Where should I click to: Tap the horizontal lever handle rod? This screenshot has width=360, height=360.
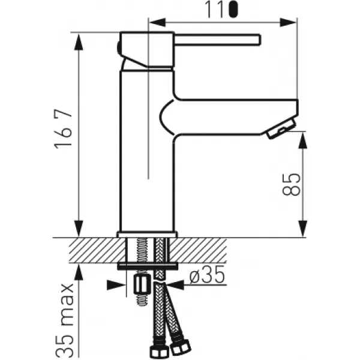[x=217, y=40]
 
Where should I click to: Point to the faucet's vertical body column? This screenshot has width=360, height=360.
[x=147, y=150]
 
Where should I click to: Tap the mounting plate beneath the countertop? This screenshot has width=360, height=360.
[x=148, y=264]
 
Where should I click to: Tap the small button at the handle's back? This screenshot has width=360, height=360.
[x=118, y=45]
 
